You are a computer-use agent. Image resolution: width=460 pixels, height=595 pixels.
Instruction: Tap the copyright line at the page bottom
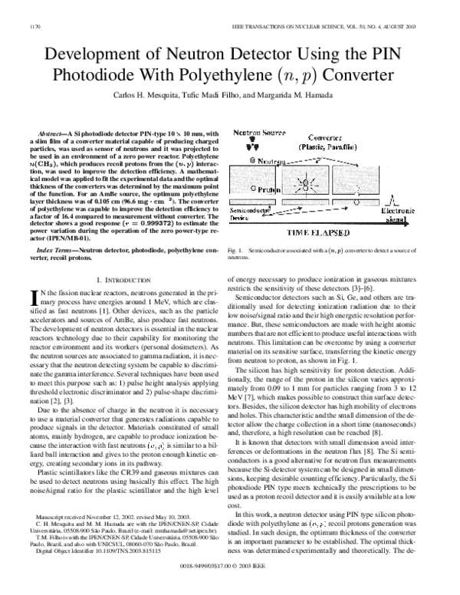[230, 585]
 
